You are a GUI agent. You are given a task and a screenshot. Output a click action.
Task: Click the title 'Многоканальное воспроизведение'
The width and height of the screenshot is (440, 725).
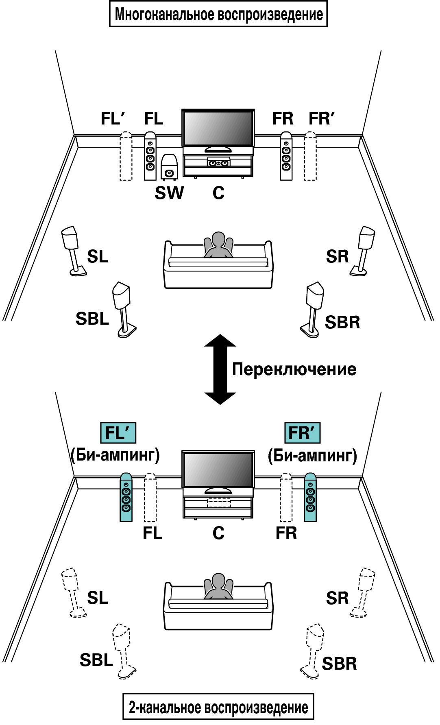point(218,14)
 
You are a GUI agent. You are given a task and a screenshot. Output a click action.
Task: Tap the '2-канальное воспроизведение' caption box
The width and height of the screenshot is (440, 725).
point(218,707)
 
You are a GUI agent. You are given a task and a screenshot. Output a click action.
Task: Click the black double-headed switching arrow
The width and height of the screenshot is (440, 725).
point(220,369)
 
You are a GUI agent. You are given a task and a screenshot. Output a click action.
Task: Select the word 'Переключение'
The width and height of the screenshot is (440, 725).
point(294,369)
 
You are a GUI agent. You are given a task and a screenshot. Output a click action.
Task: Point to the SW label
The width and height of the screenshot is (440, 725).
point(169,193)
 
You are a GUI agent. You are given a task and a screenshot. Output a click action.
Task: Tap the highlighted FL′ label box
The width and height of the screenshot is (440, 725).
point(118,433)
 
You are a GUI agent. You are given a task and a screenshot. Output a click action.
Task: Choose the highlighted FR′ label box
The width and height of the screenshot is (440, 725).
point(303,433)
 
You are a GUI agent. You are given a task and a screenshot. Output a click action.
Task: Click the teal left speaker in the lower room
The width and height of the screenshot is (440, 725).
point(126,497)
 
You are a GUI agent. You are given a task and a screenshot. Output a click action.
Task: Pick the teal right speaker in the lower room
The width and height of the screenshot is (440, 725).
point(310,497)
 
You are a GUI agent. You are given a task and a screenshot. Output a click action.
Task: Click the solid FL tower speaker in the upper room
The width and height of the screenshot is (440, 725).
point(150,156)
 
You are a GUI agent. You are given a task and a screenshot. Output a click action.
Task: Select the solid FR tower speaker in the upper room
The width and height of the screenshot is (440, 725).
point(286,156)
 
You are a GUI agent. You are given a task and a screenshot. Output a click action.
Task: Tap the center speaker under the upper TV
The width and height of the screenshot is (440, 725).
point(218,162)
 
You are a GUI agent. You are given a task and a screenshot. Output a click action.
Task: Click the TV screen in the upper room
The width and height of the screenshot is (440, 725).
point(218,128)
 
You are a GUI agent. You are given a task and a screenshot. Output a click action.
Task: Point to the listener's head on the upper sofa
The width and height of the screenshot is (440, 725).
point(218,239)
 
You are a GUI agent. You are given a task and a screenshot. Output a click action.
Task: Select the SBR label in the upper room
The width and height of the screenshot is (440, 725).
point(342,322)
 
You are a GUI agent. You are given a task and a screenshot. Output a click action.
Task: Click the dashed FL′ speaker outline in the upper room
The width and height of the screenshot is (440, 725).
point(126,156)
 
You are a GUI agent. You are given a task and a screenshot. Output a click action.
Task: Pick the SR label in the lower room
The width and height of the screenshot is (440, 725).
point(337,598)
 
